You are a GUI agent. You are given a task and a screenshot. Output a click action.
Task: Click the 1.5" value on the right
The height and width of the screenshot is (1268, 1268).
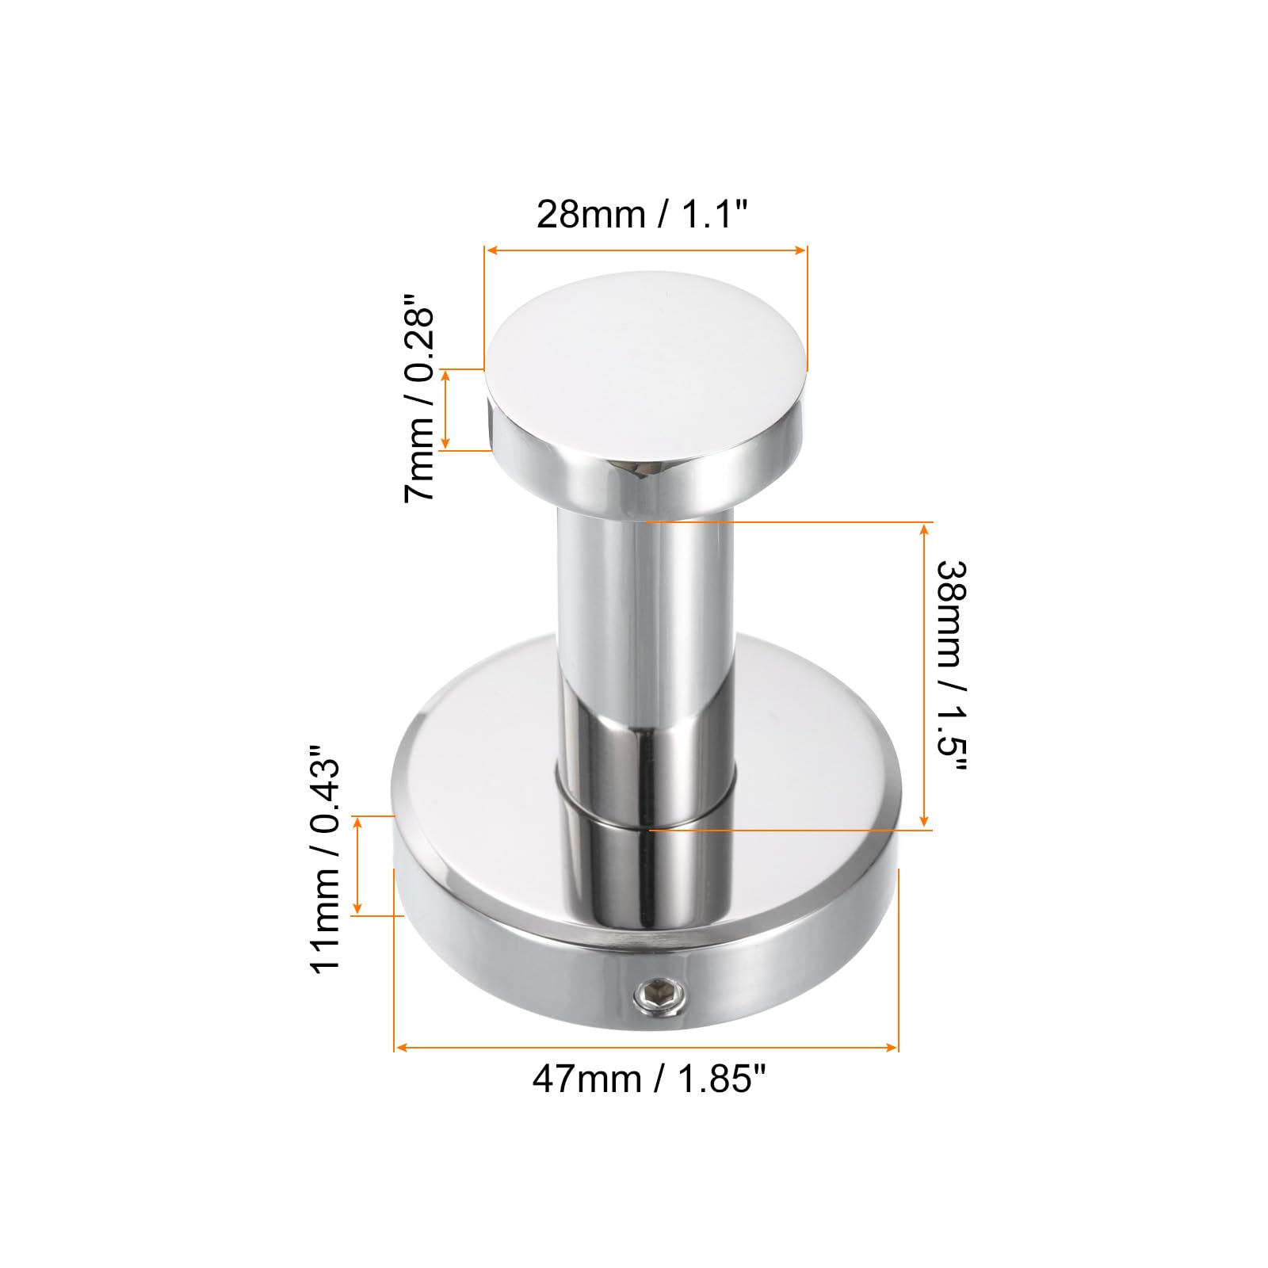pyautogui.click(x=951, y=739)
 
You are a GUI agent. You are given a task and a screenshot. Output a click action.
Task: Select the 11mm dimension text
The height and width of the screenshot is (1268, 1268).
pyautogui.click(x=325, y=922)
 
